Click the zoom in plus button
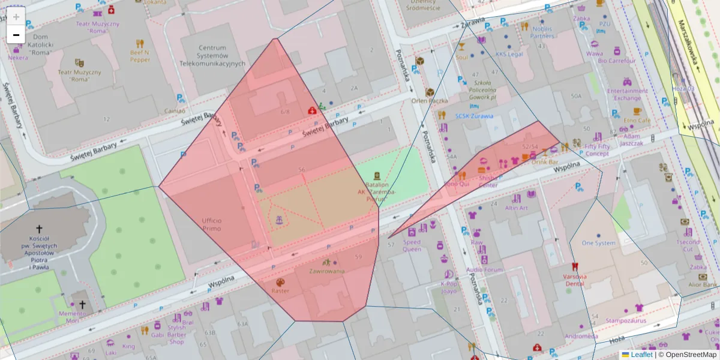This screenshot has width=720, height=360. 16,16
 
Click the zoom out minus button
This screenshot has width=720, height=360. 16,35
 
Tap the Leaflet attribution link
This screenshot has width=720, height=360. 641,355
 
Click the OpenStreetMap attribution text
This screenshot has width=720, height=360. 691,355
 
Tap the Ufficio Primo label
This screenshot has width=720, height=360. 211,224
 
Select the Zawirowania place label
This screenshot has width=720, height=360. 326,271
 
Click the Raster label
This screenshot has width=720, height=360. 280,291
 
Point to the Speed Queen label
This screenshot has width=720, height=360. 412,245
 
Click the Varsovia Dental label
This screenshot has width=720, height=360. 574,280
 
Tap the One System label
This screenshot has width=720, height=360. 598,243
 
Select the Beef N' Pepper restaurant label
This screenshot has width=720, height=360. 140,56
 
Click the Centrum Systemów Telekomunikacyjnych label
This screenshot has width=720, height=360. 212,55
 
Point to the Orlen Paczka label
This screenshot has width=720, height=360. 430,101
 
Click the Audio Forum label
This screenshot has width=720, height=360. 484,269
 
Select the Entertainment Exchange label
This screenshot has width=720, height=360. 627,94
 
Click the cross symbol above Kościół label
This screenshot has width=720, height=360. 40,229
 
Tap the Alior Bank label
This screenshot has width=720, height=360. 703,284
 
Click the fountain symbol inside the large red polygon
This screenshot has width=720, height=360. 278,221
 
